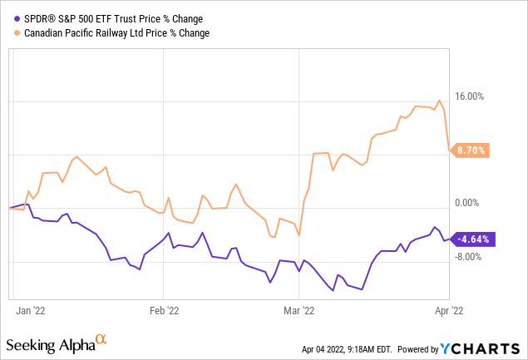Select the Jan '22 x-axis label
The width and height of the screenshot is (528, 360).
tap(30, 311)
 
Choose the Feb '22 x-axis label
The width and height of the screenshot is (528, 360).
tap(163, 311)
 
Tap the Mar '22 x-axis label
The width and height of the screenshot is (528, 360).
tap(298, 311)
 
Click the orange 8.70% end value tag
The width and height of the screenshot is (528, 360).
tap(471, 150)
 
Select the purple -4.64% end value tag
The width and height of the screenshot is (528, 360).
tap(472, 239)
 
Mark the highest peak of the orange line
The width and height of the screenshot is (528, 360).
tap(439, 101)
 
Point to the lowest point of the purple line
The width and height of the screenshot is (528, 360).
tap(362, 289)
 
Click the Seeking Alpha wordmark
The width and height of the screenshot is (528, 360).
tap(50, 343)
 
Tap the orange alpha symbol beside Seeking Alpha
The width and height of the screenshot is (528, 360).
tap(101, 339)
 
